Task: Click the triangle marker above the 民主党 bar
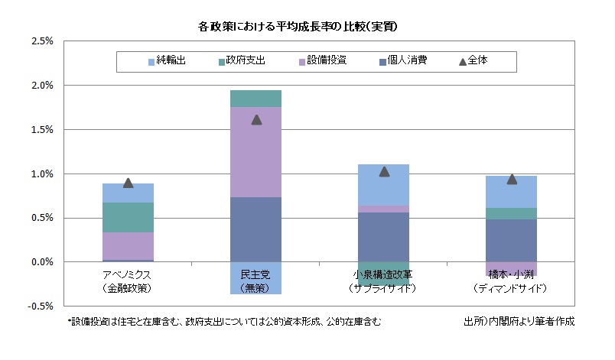point(256,119)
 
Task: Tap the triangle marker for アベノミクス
point(129,183)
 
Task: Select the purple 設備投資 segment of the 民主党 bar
point(256,152)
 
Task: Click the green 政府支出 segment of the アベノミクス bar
point(129,217)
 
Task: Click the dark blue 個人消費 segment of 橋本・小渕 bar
point(512,240)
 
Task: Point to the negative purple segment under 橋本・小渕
point(512,268)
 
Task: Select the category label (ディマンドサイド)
point(512,288)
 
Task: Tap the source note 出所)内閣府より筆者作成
point(518,322)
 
